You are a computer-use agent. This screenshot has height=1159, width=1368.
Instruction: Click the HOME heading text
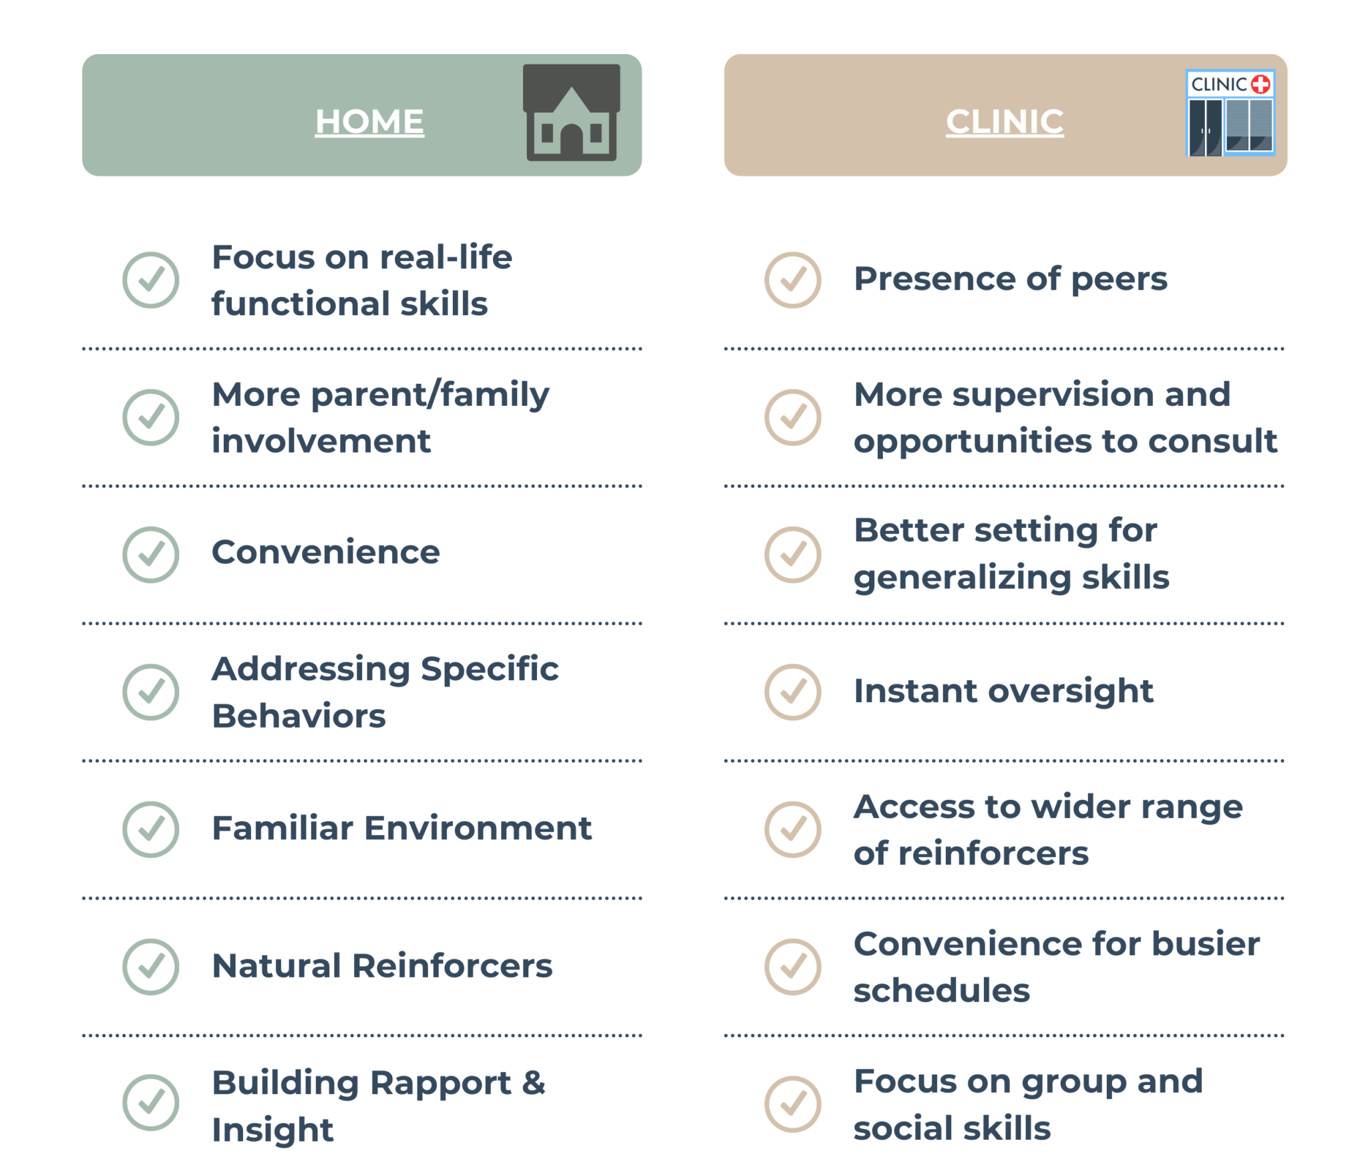click(x=369, y=122)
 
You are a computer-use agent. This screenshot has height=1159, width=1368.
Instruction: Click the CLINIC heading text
click(x=1004, y=122)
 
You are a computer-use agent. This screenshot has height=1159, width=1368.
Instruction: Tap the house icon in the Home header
click(x=571, y=113)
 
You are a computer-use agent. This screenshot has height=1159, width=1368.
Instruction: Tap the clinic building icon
click(x=1230, y=113)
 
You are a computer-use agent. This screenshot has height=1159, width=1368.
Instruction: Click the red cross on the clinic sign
click(x=1260, y=84)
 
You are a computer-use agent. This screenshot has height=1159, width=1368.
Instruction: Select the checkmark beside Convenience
click(x=151, y=554)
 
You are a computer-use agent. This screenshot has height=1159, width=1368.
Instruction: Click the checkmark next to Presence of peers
click(x=793, y=280)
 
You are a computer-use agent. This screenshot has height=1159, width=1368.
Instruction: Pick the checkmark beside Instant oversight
click(x=793, y=692)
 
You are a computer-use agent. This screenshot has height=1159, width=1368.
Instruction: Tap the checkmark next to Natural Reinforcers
click(x=151, y=966)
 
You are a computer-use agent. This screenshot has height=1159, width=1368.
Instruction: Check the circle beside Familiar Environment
click(x=151, y=829)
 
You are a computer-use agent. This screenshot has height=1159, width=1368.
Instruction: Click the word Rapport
click(x=440, y=1083)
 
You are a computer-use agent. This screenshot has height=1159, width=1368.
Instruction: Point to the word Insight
click(x=273, y=1130)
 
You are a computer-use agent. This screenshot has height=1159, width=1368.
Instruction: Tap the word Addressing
click(x=311, y=669)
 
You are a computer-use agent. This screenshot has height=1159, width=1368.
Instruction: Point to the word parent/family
click(x=430, y=395)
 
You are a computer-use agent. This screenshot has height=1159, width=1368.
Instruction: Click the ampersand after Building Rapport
click(x=533, y=1083)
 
